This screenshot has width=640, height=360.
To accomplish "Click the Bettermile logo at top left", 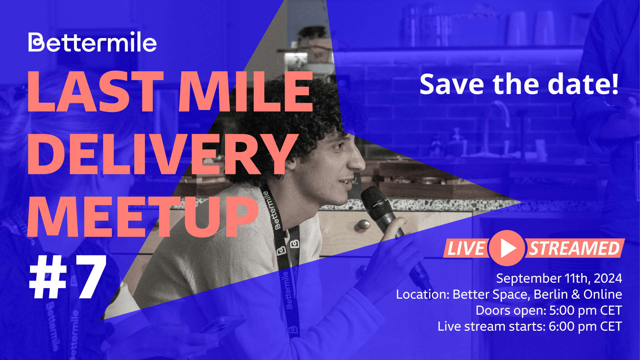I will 92,42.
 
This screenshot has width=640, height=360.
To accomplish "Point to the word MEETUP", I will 143,217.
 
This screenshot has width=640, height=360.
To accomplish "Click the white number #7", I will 68,277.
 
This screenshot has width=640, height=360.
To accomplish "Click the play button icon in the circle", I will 507,248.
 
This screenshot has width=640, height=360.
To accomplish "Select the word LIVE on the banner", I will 466,249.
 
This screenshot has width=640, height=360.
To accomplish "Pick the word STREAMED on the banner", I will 574,249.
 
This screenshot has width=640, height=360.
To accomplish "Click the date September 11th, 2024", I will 559,278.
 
